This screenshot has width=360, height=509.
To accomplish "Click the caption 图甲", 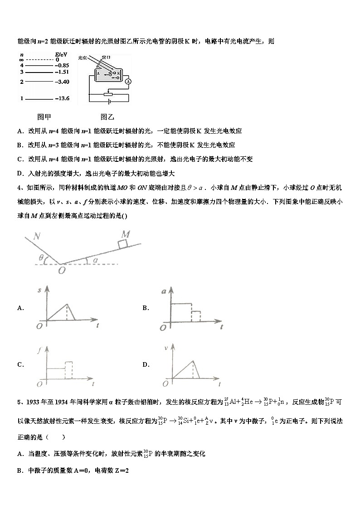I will pos(44,117).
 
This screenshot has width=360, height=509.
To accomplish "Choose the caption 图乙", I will pos(107,117).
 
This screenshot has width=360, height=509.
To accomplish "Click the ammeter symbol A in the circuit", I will pos(128,81).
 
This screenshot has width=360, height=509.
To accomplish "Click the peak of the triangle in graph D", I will pos(194,360).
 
